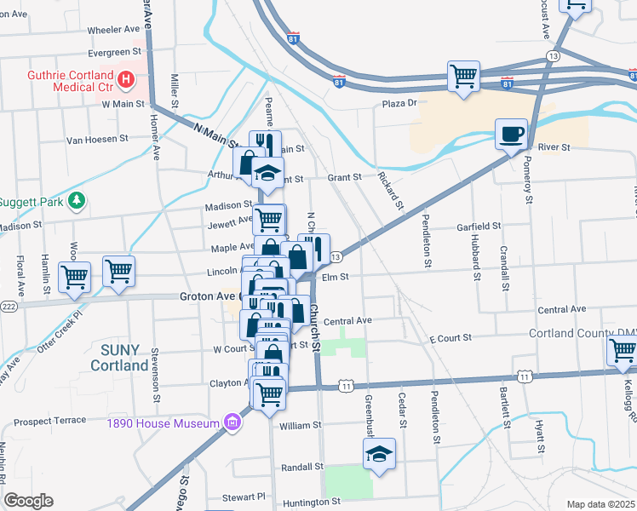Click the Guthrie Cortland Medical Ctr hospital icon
point(126,80)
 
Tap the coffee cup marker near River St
point(511,133)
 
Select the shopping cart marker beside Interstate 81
point(464,75)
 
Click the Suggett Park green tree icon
point(78,199)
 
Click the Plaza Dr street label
point(399,103)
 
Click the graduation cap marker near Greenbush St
point(380,455)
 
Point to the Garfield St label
point(478,227)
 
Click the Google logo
point(28,501)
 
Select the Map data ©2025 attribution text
point(600,504)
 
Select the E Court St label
point(450,339)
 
